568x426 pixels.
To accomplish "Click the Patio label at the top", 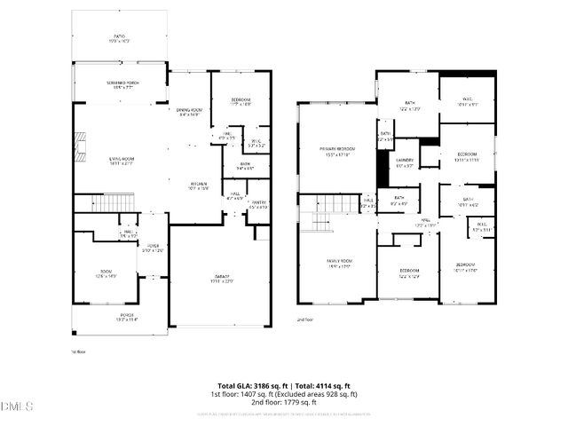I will pos(118,39).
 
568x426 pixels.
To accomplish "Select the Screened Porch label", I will pos(119,83).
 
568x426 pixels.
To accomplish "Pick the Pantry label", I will pos(258,205).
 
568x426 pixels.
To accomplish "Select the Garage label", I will pos(223,280).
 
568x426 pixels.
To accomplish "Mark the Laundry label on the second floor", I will pos(405,163).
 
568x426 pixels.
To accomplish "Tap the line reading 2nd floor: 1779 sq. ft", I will pos(284,402).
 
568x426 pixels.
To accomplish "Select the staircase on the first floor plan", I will pos(114,203).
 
